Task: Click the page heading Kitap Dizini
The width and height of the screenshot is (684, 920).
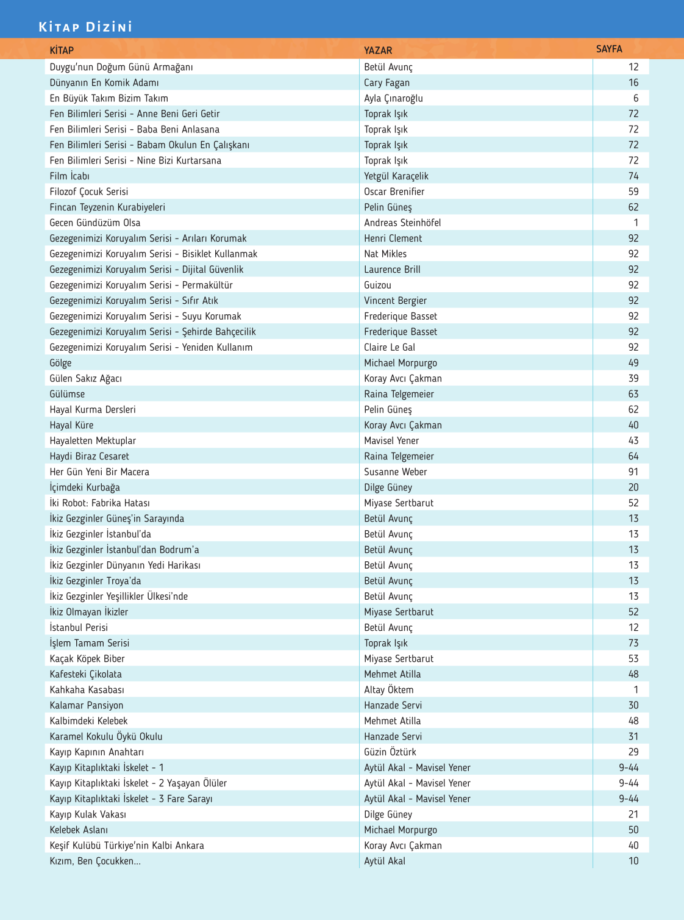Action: pos(85,27)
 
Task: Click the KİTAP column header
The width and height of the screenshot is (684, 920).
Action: pos(62,50)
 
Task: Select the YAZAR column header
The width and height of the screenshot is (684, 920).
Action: pos(378,50)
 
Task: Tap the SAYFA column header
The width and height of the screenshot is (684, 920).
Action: pos(609,49)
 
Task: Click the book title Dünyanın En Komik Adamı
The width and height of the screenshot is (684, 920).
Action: pos(104,82)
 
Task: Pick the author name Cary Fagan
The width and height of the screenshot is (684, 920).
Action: pos(387,82)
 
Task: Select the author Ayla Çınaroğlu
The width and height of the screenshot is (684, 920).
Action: pos(393,98)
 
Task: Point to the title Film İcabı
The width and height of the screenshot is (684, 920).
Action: pos(69,176)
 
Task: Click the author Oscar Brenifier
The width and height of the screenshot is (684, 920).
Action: pos(394,192)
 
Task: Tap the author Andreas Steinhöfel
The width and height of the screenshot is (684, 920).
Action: pos(402,223)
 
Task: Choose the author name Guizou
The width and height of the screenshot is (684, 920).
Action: pos(377,285)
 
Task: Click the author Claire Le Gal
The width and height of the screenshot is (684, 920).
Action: pos(390,347)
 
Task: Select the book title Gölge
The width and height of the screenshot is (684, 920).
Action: pos(60,363)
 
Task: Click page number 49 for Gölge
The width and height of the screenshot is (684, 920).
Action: pos(633,363)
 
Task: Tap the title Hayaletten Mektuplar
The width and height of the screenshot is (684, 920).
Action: pos(93,440)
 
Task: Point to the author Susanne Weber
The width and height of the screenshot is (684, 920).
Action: pos(395,472)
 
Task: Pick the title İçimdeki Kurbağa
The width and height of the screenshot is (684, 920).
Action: pos(85,487)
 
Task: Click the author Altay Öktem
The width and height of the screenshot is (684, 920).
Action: pos(388,689)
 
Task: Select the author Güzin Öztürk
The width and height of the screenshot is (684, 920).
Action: pos(390,752)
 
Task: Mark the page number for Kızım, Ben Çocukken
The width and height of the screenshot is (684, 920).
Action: pos(633,861)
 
